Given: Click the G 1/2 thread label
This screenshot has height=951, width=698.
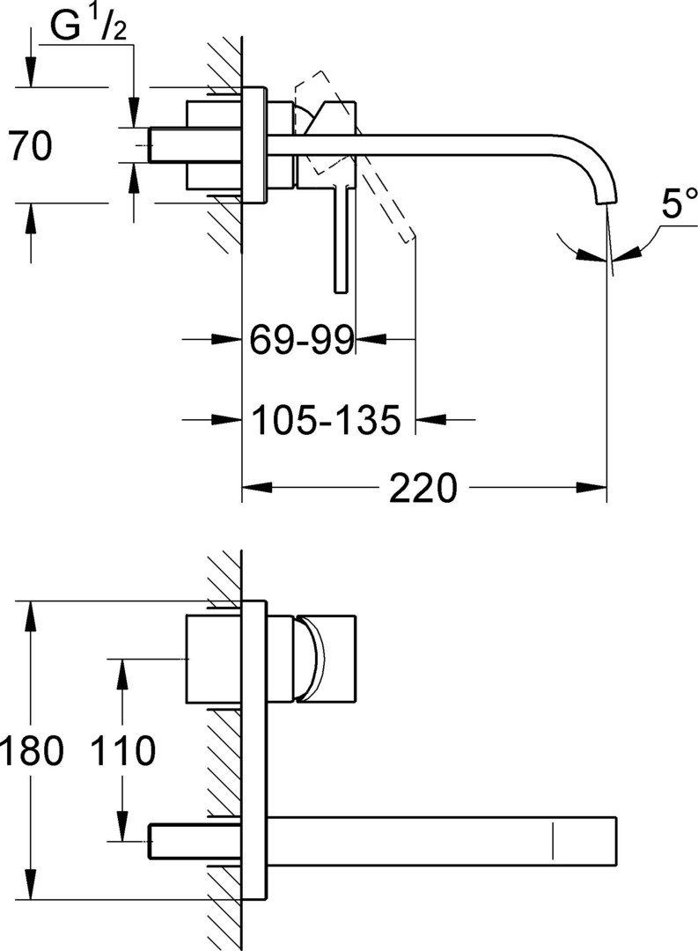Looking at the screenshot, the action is [x=89, y=26].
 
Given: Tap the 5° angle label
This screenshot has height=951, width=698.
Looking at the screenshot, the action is [x=679, y=203].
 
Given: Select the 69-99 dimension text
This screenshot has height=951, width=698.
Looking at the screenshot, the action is [x=302, y=340].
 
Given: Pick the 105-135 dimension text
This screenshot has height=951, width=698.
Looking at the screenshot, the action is [x=327, y=419].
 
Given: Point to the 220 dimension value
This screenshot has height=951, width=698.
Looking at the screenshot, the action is [x=422, y=488].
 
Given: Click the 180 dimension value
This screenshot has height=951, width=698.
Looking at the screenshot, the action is [x=32, y=750].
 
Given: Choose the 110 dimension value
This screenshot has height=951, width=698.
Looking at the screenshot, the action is [x=123, y=750].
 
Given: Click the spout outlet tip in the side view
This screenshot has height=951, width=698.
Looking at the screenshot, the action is [x=607, y=201].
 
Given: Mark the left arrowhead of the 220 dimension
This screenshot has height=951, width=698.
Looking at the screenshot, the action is [x=256, y=488].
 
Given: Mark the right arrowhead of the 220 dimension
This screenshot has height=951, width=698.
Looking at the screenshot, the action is [x=591, y=488].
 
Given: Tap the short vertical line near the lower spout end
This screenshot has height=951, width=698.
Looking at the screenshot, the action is [x=553, y=841].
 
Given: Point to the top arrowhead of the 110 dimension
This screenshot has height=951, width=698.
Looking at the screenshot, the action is [x=122, y=674].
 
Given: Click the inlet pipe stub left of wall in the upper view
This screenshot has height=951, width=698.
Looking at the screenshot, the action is [x=167, y=145].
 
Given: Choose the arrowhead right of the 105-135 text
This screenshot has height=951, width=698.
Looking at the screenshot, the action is [x=430, y=418].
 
